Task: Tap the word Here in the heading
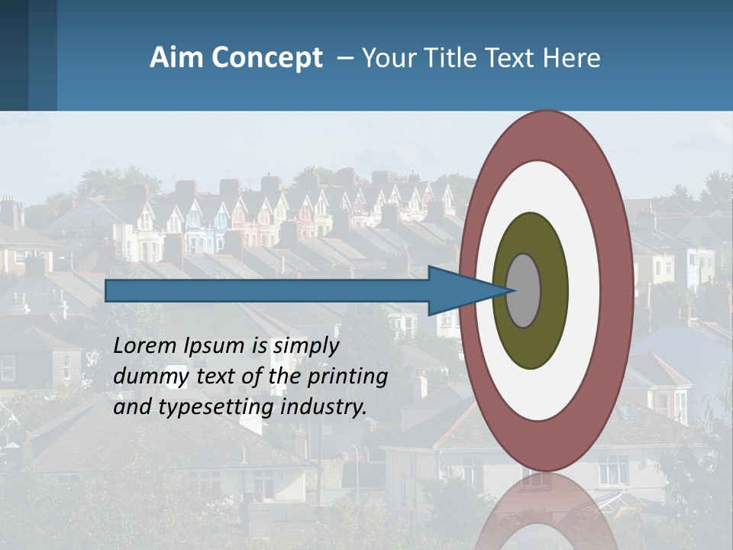[570, 58]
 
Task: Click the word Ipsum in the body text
[215, 346]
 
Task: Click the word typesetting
[217, 407]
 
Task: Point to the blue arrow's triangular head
[458, 290]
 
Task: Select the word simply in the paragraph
[305, 346]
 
